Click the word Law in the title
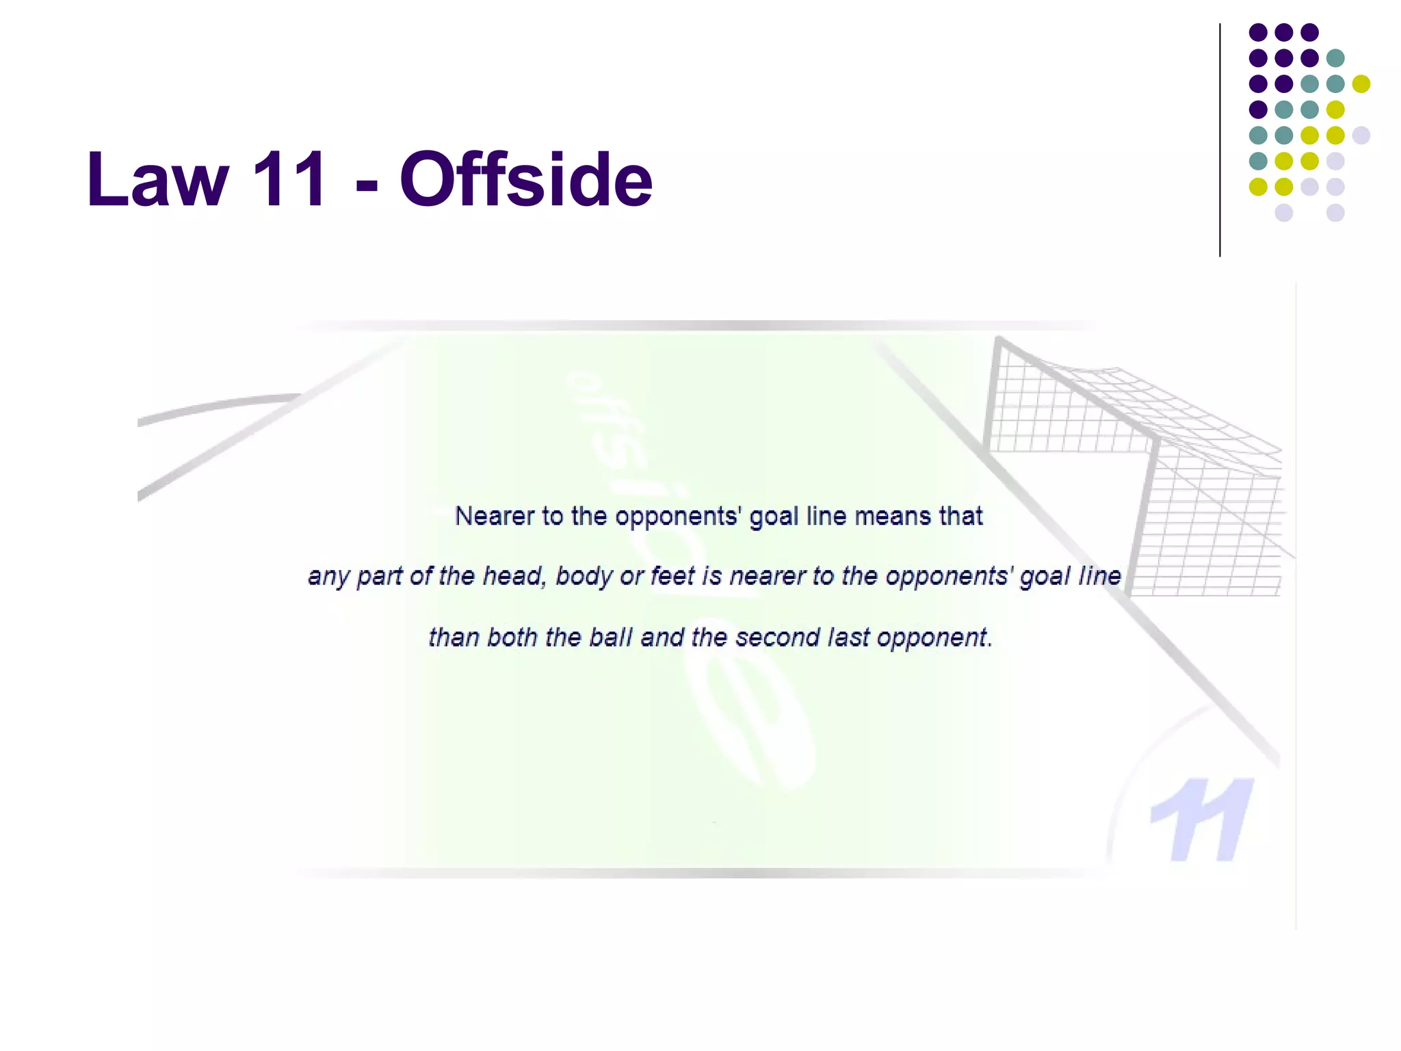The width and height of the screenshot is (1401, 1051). pyautogui.click(x=158, y=179)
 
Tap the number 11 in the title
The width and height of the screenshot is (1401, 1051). pyautogui.click(x=290, y=179)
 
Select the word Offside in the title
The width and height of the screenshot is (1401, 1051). pyautogui.click(x=526, y=179)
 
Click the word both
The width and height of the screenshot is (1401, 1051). pyautogui.click(x=512, y=638)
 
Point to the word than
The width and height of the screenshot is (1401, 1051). pyautogui.click(x=453, y=638)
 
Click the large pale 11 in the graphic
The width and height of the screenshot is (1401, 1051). pyautogui.click(x=1202, y=819)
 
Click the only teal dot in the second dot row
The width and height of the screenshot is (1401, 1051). pyautogui.click(x=1335, y=58)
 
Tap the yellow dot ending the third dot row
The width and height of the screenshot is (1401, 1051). pyautogui.click(x=1361, y=83)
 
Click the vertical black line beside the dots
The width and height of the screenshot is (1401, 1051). pyautogui.click(x=1220, y=140)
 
